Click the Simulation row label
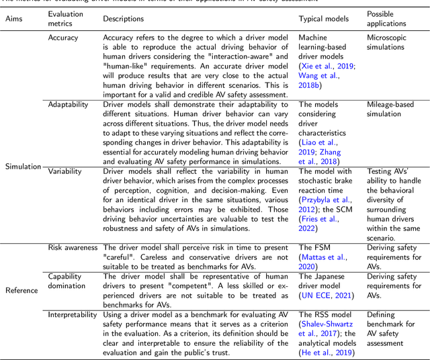tap(24, 166)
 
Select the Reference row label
tap(22, 290)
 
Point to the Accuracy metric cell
tap(63, 38)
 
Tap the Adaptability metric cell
tap(69, 104)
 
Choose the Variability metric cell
tap(65, 171)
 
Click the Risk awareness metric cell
tap(73, 248)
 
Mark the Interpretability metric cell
tap(75, 314)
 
